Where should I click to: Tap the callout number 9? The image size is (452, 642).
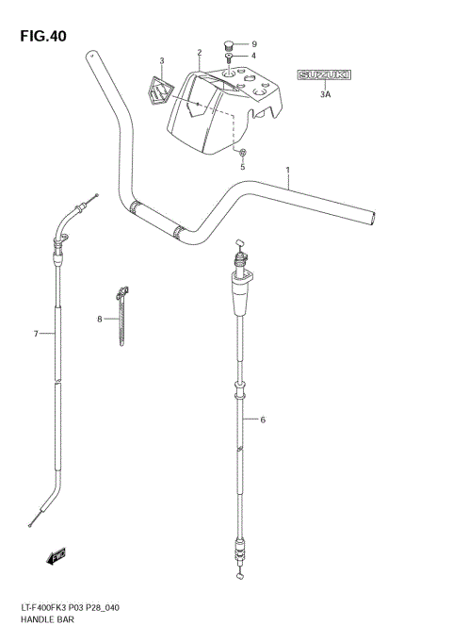click(x=253, y=43)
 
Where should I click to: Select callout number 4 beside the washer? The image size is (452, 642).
click(x=253, y=57)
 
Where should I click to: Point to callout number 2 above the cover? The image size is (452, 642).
click(x=200, y=53)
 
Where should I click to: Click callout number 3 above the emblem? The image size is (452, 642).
click(x=161, y=61)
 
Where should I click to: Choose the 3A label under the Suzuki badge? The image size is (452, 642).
click(x=325, y=95)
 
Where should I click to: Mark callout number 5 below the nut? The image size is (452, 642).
click(x=242, y=167)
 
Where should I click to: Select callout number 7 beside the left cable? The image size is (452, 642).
click(x=35, y=334)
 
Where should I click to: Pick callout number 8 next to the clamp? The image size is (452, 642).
click(x=99, y=321)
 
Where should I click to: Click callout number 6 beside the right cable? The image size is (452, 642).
click(x=263, y=420)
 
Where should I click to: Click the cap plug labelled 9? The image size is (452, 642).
click(x=228, y=44)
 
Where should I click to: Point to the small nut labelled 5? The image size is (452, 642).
click(x=243, y=153)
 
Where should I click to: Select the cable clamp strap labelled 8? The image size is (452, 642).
click(x=121, y=316)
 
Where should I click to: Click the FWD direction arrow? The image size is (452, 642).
click(x=57, y=557)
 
